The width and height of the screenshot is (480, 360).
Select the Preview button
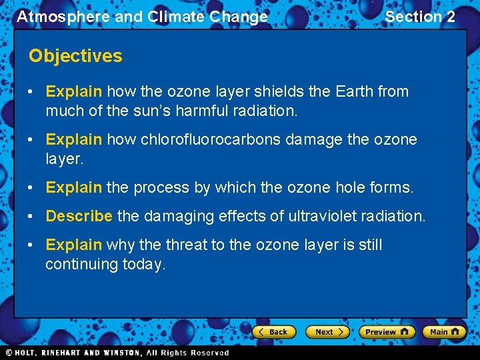(386, 331)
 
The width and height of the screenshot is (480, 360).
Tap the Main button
(443, 331)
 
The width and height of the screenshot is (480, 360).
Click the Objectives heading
(75, 56)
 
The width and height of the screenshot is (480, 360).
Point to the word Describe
(79, 216)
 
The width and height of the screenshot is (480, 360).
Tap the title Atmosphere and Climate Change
(142, 17)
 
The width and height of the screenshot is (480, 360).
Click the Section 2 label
(420, 17)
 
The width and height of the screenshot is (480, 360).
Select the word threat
(184, 245)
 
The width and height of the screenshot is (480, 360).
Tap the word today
(143, 264)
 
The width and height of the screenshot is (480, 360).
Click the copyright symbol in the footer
(9, 353)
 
